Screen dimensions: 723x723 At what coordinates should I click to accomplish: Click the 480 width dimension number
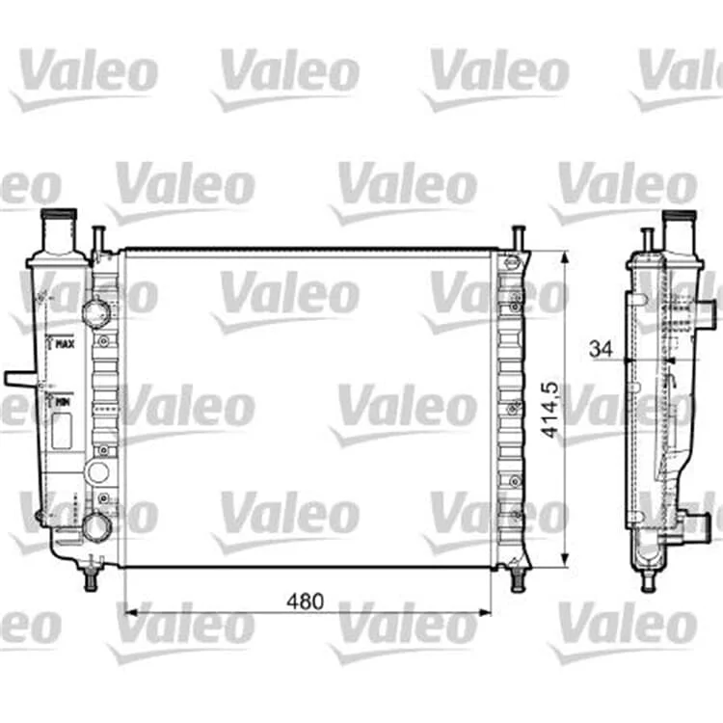pyautogui.click(x=306, y=602)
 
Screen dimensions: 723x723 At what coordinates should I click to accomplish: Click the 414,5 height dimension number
pyautogui.click(x=549, y=410)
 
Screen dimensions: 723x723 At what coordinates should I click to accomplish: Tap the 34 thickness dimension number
pyautogui.click(x=602, y=349)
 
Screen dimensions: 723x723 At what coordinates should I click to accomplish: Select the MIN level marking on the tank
pyautogui.click(x=63, y=403)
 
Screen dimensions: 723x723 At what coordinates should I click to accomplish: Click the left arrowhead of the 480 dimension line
pyautogui.click(x=131, y=613)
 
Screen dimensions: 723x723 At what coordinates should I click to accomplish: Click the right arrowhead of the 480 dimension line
pyautogui.click(x=485, y=613)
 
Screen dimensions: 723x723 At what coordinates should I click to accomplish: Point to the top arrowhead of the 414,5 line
pyautogui.click(x=565, y=258)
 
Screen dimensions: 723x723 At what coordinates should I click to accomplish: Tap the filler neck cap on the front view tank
pyautogui.click(x=59, y=215)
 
